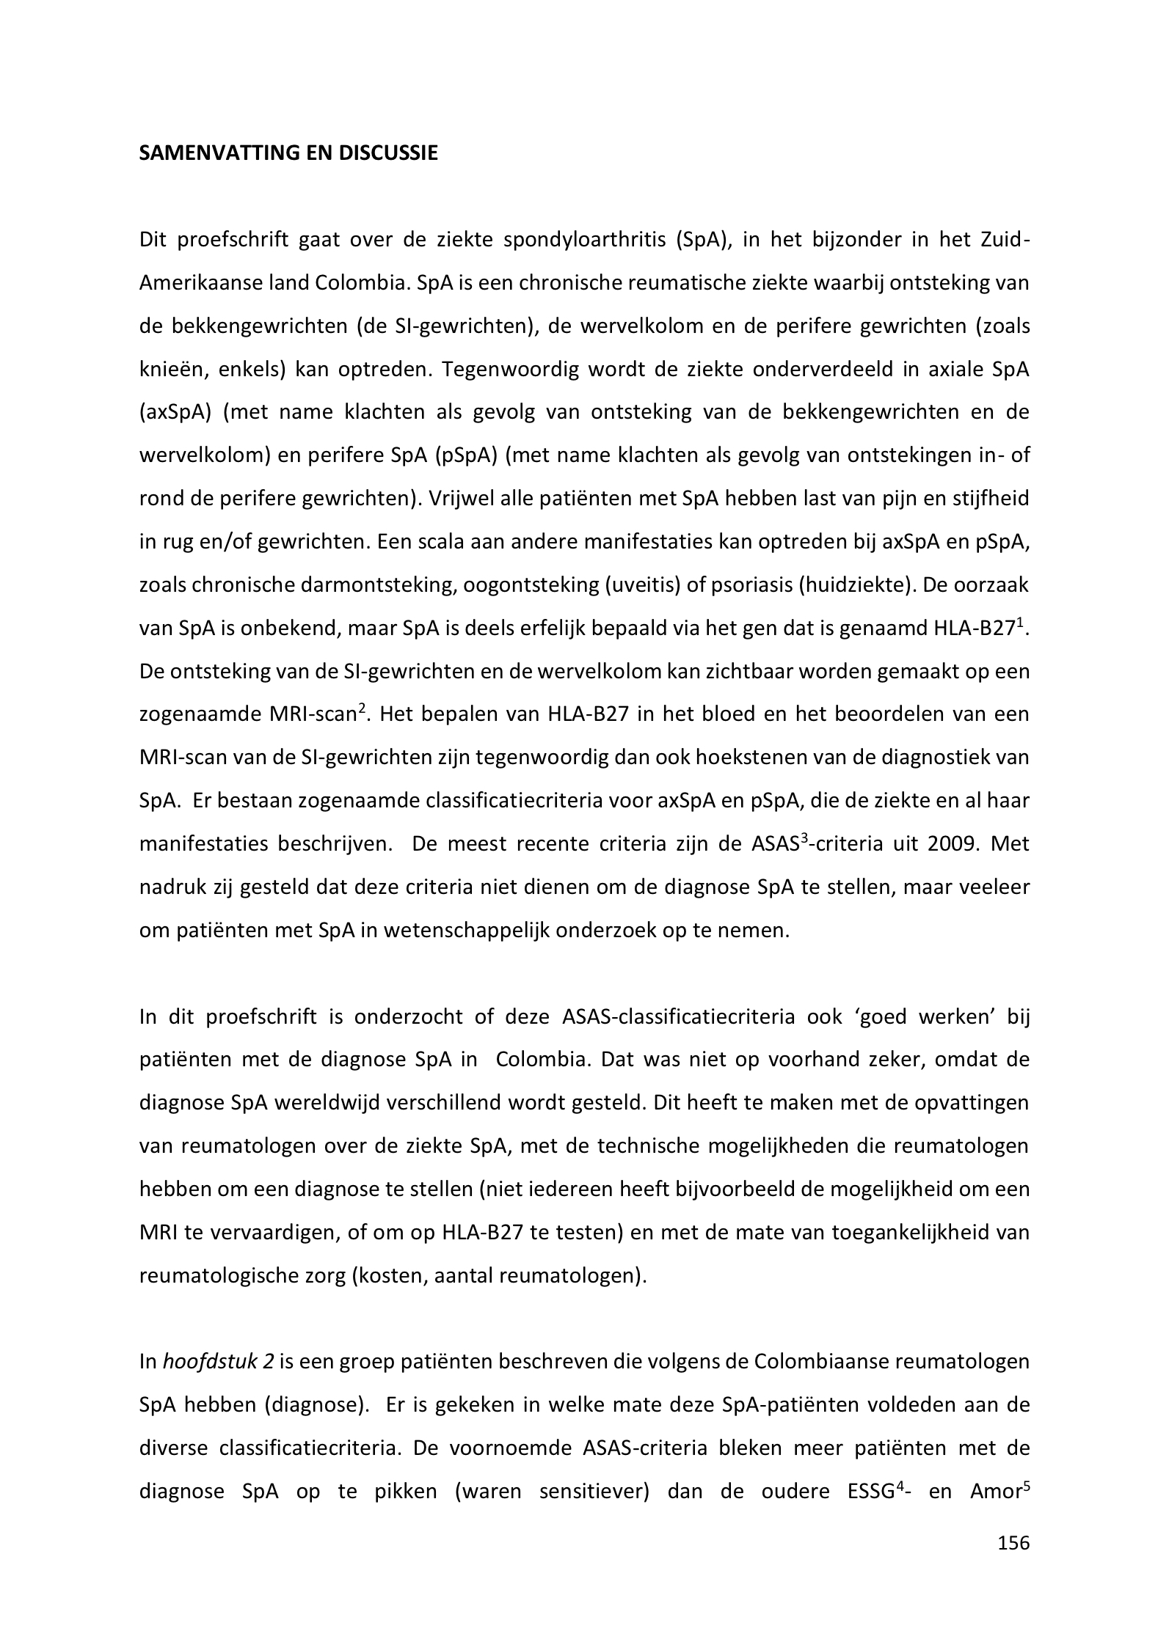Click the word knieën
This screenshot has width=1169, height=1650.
pos(167,370)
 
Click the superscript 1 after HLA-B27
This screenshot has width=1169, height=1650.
pos(1020,623)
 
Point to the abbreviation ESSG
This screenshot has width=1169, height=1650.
pos(863,1492)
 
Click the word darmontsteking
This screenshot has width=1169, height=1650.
pos(396,586)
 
